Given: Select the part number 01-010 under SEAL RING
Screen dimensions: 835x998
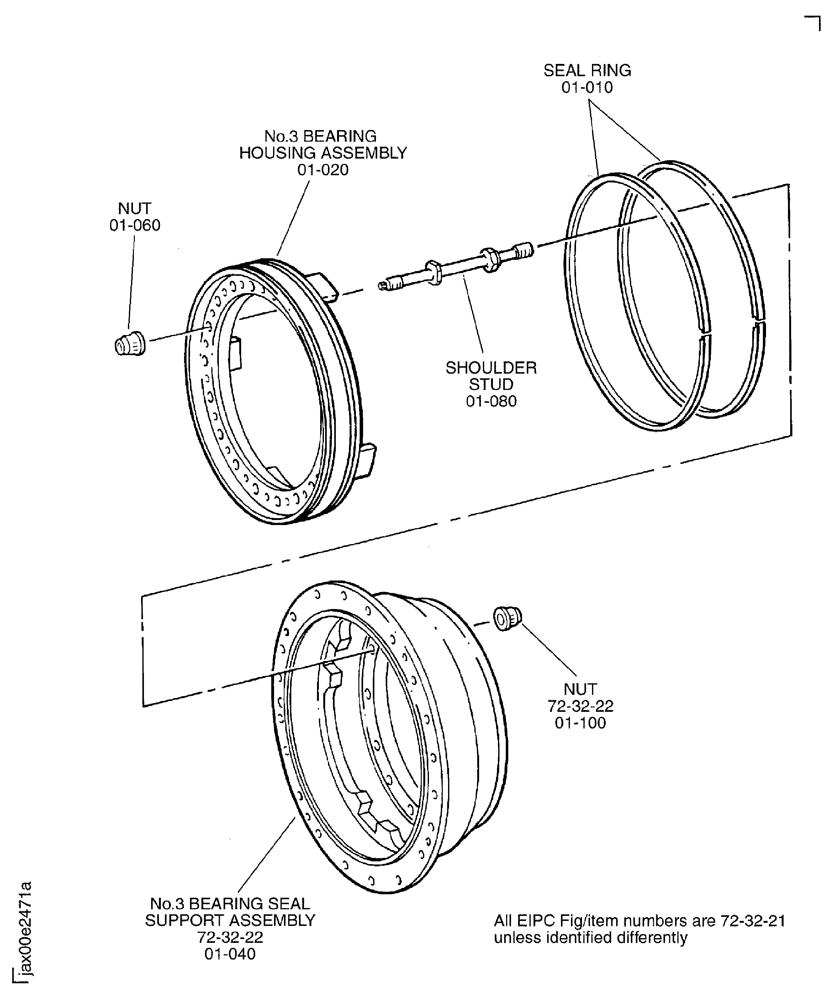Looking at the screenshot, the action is (x=587, y=87).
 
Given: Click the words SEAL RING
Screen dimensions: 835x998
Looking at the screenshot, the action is (x=587, y=70).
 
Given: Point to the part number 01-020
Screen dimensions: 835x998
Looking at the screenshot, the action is (x=323, y=170).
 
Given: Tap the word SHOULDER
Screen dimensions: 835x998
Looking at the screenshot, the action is (x=491, y=368).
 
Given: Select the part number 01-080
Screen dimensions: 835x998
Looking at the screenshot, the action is (x=491, y=401).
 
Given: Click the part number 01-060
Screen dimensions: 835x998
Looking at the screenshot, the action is (x=135, y=225).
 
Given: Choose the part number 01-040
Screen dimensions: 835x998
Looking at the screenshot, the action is (x=230, y=954).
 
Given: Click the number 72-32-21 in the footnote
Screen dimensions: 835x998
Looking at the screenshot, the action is (x=753, y=921).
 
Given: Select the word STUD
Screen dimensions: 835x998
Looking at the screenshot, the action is (x=491, y=385).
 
